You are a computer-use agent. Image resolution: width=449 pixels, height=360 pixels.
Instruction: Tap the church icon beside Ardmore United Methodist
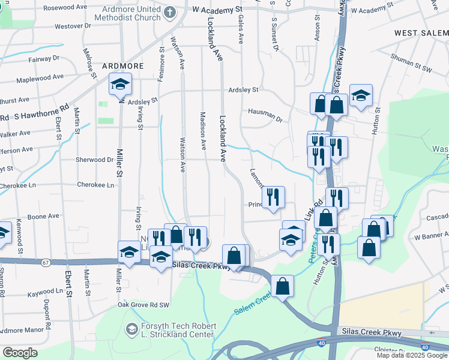[x=170, y=12]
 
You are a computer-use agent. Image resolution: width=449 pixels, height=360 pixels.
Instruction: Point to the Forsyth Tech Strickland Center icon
[x=131, y=329]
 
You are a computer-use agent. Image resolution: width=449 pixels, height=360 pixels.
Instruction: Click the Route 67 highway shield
[x=46, y=262]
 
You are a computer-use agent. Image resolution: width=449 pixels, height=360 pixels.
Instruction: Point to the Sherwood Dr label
[x=94, y=160]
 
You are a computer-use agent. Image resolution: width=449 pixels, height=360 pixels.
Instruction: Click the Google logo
[x=20, y=353]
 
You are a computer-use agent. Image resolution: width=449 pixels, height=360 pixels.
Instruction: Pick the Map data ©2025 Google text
[x=411, y=355]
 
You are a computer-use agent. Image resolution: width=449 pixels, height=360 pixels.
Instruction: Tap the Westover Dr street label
[x=72, y=26]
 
